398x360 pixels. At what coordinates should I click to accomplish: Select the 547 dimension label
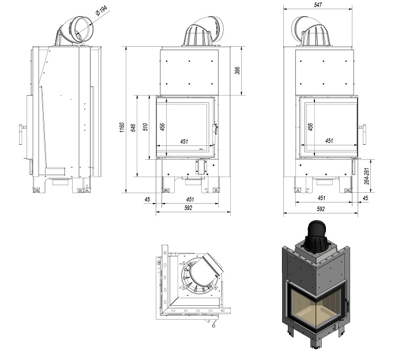click(x=318, y=5)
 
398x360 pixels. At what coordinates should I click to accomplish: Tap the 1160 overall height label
click(x=122, y=127)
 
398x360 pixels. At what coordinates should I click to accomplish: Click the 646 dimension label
click(x=133, y=128)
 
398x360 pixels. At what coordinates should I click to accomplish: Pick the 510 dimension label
click(x=146, y=127)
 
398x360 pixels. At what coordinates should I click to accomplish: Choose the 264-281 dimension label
click(x=367, y=175)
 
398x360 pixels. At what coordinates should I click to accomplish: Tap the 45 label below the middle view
click(x=148, y=200)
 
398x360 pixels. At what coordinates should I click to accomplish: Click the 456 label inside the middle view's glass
click(x=163, y=127)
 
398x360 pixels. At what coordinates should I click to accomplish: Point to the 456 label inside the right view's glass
click(x=310, y=127)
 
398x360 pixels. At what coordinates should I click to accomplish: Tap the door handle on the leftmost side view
click(x=22, y=134)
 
